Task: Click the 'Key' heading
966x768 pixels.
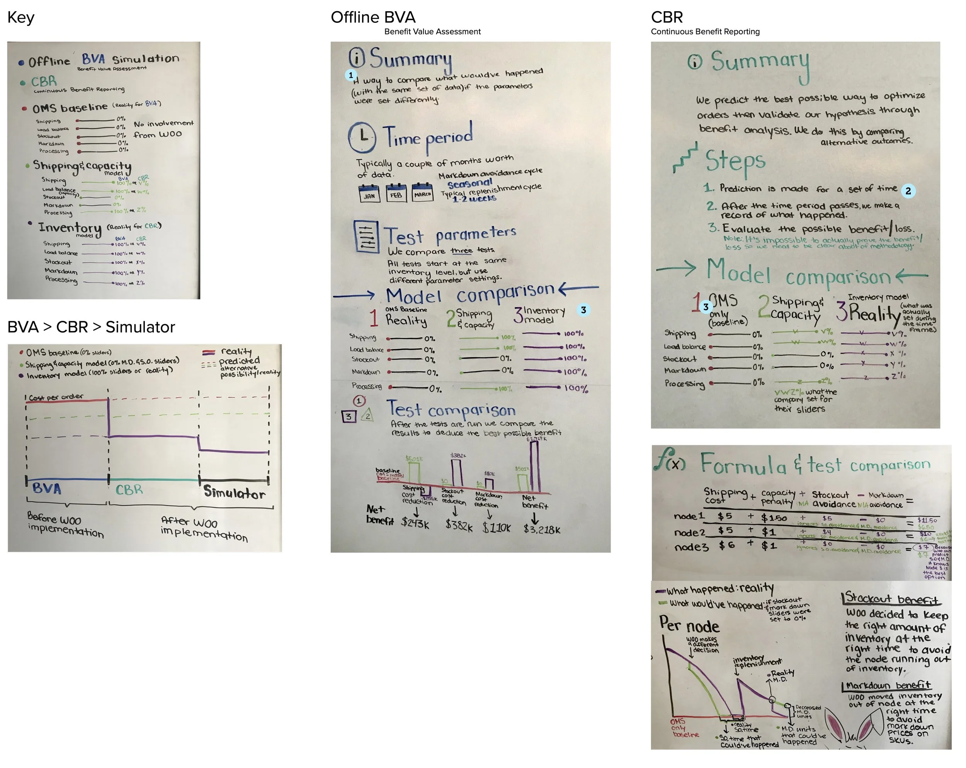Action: pyautogui.click(x=20, y=17)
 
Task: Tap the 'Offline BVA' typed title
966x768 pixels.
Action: pyautogui.click(x=373, y=17)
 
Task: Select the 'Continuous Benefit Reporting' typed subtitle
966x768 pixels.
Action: pyautogui.click(x=705, y=31)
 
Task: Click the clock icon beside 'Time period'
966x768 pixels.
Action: pyautogui.click(x=362, y=137)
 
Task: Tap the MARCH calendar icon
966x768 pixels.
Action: pyautogui.click(x=422, y=192)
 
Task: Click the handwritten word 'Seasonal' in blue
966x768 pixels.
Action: pyautogui.click(x=469, y=184)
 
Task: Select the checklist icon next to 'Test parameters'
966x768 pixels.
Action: pyautogui.click(x=366, y=236)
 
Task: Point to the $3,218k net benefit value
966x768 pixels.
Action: pyautogui.click(x=542, y=530)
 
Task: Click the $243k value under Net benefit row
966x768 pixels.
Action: pyautogui.click(x=415, y=523)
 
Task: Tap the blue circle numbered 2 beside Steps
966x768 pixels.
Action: pyautogui.click(x=908, y=191)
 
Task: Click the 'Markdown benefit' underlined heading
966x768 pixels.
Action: pyautogui.click(x=888, y=685)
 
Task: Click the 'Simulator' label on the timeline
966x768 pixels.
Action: pyautogui.click(x=234, y=492)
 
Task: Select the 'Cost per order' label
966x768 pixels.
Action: pyautogui.click(x=56, y=397)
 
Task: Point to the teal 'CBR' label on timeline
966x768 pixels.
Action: pyautogui.click(x=129, y=490)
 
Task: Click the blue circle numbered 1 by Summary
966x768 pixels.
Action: pyautogui.click(x=351, y=75)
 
